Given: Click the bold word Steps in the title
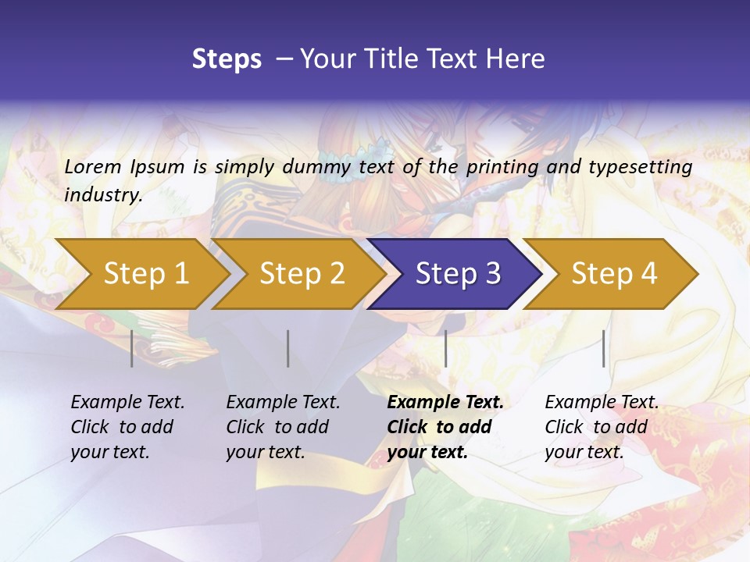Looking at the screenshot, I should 227,59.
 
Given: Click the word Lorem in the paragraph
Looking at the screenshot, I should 93,167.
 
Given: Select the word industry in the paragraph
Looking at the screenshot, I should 102,195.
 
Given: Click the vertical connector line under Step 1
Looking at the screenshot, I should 131,348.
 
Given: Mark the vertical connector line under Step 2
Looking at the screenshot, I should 287,348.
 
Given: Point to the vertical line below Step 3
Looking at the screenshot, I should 445,348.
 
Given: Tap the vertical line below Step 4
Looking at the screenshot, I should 603,348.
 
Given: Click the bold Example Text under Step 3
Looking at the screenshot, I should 445,403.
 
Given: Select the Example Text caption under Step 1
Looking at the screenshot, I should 127,403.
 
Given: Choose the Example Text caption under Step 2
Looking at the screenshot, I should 283,403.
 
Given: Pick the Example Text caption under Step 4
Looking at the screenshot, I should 602,403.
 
